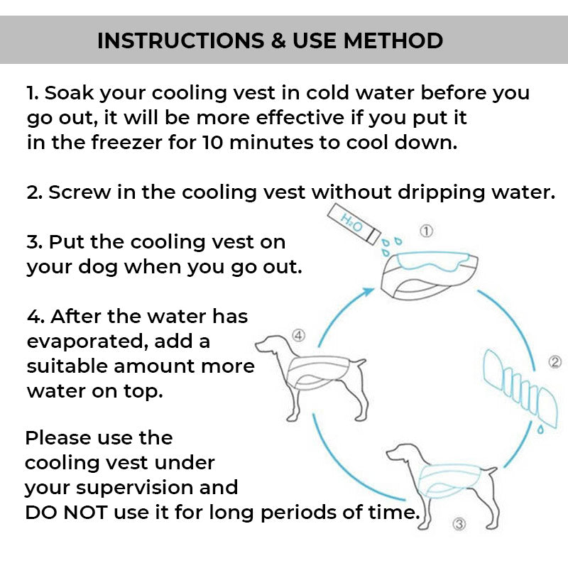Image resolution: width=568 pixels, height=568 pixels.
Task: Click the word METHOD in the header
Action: (x=393, y=40)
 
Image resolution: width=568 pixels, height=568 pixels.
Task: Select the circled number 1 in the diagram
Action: (x=426, y=231)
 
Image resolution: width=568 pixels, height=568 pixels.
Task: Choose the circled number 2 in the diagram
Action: (x=555, y=362)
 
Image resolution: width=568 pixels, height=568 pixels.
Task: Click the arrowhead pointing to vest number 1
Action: (x=369, y=291)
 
